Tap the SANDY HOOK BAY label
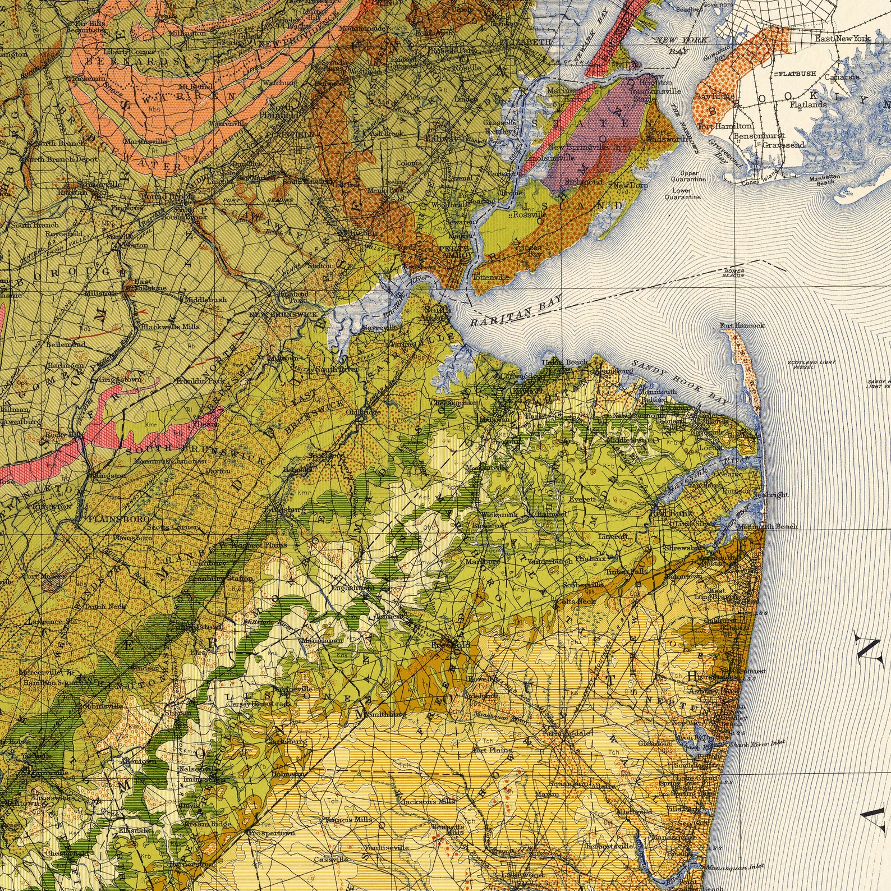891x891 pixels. coord(681,383)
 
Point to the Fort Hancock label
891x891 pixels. coord(742,325)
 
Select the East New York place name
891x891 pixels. coord(843,38)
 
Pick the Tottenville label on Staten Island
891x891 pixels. coord(491,277)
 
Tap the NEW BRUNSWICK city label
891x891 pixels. coord(284,315)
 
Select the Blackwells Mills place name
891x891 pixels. coord(170,327)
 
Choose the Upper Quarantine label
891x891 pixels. coord(689,176)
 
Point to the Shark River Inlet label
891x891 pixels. coord(757,743)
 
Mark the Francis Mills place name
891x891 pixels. coord(348,819)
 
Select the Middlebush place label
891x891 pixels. coord(206,300)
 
